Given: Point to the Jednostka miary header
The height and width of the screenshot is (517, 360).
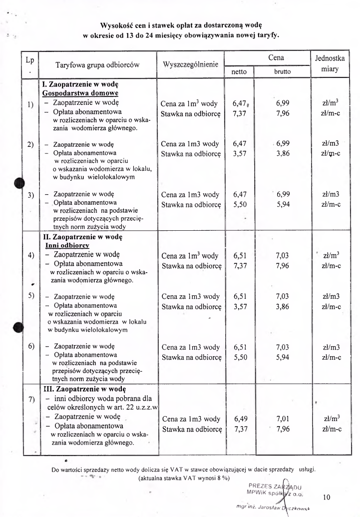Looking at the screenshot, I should pos(330,64).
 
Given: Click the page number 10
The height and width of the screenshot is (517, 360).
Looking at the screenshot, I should pos(327,497).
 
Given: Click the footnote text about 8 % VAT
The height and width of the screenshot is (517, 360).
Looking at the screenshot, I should pos(183,478).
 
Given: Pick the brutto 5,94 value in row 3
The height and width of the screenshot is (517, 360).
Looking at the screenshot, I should pos(283,205).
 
